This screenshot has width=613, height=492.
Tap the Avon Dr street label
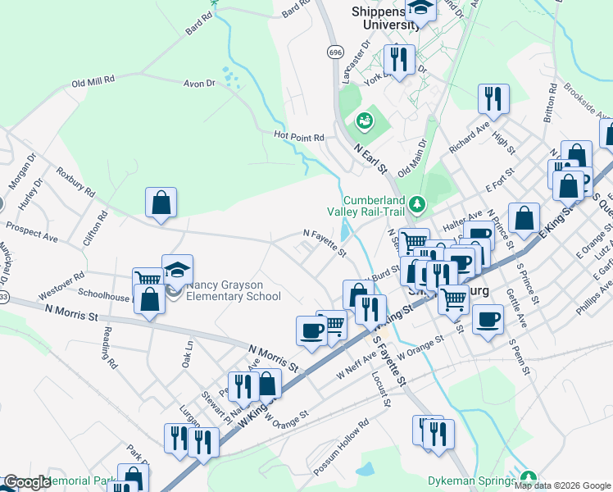[198, 84]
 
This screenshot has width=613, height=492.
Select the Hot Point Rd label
[299, 137]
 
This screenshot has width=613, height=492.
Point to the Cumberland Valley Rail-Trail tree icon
[417, 202]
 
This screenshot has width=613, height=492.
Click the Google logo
[27, 483]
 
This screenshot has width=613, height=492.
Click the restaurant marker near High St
[493, 98]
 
